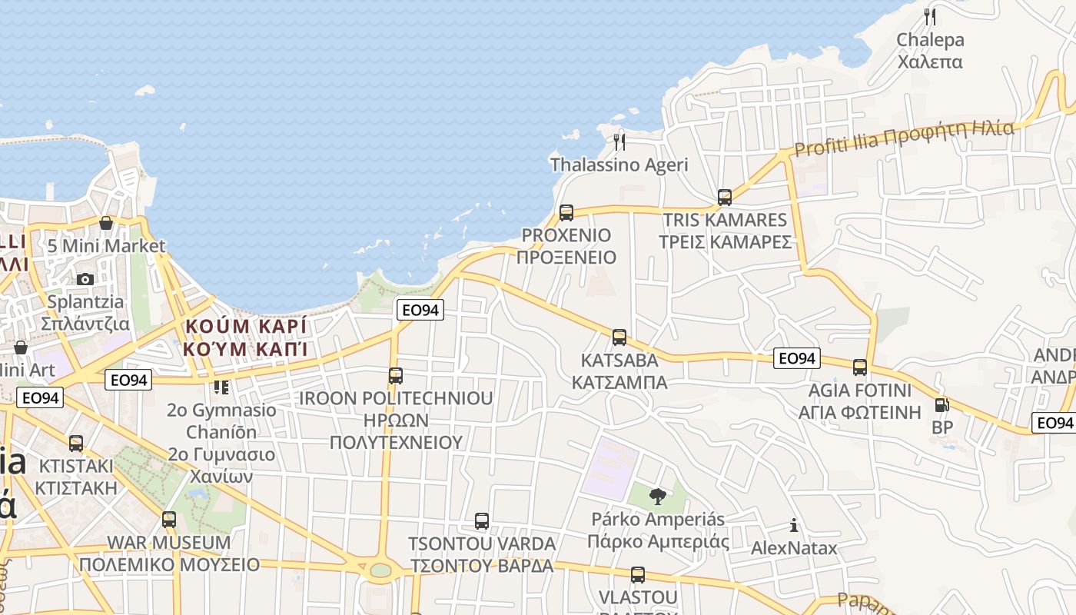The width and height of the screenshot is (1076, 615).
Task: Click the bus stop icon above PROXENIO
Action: pyautogui.click(x=566, y=213)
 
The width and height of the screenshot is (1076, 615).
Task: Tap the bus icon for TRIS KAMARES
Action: pyautogui.click(x=725, y=198)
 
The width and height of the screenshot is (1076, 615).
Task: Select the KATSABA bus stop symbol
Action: pyautogui.click(x=619, y=337)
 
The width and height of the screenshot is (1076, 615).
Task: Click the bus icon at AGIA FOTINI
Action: pyautogui.click(x=860, y=367)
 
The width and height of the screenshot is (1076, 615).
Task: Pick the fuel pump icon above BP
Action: pyautogui.click(x=941, y=405)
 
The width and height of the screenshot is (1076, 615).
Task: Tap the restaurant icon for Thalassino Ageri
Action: pyautogui.click(x=619, y=142)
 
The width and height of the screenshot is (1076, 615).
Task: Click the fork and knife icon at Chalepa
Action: pyautogui.click(x=930, y=17)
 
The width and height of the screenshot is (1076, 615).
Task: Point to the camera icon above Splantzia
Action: pyautogui.click(x=85, y=279)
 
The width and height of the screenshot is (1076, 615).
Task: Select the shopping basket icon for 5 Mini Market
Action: pyautogui.click(x=106, y=224)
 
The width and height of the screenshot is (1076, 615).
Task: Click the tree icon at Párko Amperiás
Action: pyautogui.click(x=657, y=497)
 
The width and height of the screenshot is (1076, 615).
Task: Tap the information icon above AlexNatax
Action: pyautogui.click(x=794, y=526)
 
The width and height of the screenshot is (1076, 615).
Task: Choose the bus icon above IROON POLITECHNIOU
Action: pyautogui.click(x=396, y=376)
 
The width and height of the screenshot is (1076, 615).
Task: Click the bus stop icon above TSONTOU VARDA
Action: pyautogui.click(x=482, y=521)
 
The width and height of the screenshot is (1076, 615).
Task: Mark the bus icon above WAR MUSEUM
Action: pyautogui.click(x=169, y=520)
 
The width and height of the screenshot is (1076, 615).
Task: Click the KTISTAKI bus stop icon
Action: pyautogui.click(x=76, y=444)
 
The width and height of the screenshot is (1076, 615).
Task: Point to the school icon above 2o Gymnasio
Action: pyautogui.click(x=221, y=387)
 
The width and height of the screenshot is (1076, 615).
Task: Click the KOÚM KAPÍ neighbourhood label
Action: pyautogui.click(x=246, y=337)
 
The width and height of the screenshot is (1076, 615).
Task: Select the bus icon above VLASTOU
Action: pyautogui.click(x=638, y=575)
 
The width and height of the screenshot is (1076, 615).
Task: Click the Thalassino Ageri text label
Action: pyautogui.click(x=619, y=165)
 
